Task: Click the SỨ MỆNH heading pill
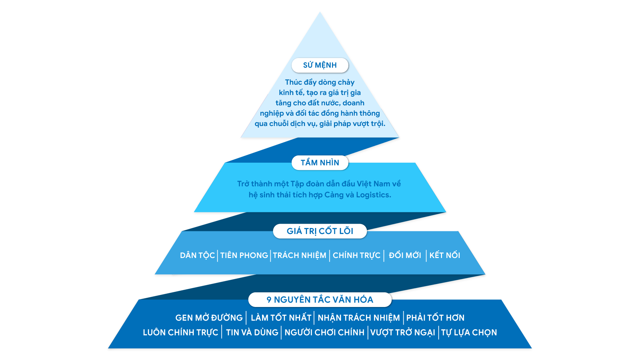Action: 320,65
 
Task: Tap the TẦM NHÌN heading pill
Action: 320,163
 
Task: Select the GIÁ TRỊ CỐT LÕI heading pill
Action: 320,231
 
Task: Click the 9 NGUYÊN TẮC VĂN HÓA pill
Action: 320,300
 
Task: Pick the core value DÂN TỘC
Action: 197,256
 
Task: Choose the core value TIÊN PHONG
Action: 244,255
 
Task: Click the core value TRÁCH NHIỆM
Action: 300,256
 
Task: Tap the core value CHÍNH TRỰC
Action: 357,256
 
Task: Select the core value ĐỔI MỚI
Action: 405,255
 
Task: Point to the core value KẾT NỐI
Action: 445,255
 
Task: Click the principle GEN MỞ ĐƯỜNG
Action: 209,318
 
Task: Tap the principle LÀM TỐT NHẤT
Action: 281,318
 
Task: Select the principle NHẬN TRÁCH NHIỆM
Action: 359,318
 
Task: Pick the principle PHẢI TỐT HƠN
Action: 435,318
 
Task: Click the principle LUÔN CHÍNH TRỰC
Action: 180,333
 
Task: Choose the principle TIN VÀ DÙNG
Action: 252,332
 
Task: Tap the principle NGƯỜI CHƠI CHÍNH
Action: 324,332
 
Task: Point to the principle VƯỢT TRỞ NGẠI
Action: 403,333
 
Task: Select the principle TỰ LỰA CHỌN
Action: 469,333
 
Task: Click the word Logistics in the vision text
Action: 373,195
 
